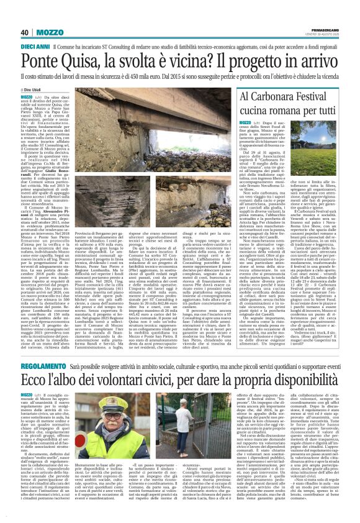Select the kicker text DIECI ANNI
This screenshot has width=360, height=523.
pyautogui.click(x=35, y=47)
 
